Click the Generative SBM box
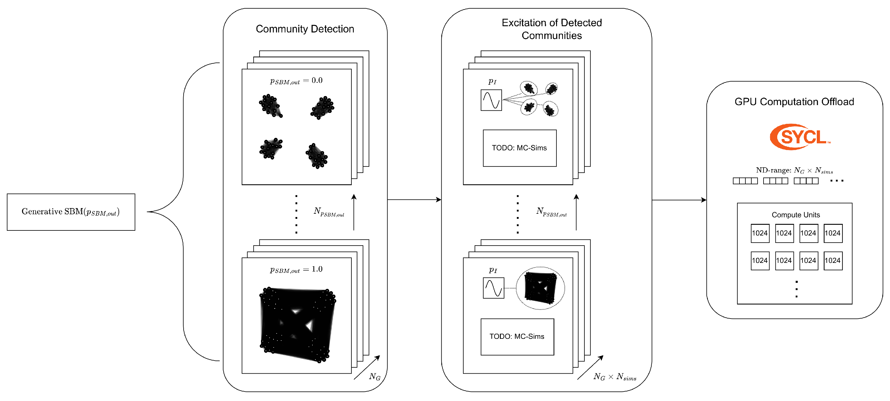point(71,212)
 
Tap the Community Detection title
point(305,29)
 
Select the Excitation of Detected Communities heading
point(551,29)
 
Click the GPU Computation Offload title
point(794,102)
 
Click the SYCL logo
point(800,137)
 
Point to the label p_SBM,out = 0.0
point(296,81)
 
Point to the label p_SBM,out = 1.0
point(296,270)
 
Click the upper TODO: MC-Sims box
point(519,148)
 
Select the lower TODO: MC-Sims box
point(517,337)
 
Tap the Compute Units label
point(795,215)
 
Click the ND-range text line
point(794,170)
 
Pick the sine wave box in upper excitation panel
point(491,100)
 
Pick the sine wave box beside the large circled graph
point(493,288)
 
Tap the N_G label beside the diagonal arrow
point(375,377)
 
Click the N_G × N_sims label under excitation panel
point(615,377)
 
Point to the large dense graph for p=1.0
point(297,324)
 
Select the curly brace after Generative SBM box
point(183,212)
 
